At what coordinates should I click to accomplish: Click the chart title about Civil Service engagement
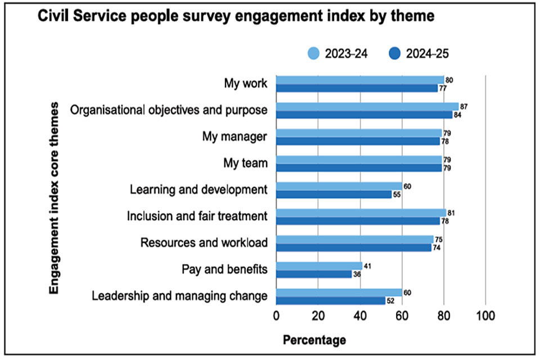[236, 17]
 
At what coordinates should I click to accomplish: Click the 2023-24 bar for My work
[360, 80]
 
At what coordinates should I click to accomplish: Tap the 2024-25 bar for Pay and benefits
[314, 274]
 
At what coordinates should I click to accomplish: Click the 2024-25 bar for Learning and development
[334, 194]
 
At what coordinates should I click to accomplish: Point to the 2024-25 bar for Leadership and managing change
[331, 300]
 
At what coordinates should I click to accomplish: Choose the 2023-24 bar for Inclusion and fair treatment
[361, 213]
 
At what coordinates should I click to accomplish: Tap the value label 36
[357, 274]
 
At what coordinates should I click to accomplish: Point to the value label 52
[390, 300]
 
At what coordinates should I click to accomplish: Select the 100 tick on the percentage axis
[485, 316]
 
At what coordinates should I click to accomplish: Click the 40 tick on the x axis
[359, 316]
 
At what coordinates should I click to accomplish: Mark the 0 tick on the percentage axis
[276, 316]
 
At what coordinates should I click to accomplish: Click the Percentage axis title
[314, 340]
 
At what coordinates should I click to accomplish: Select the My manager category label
[235, 137]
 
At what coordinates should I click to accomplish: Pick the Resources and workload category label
[204, 243]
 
